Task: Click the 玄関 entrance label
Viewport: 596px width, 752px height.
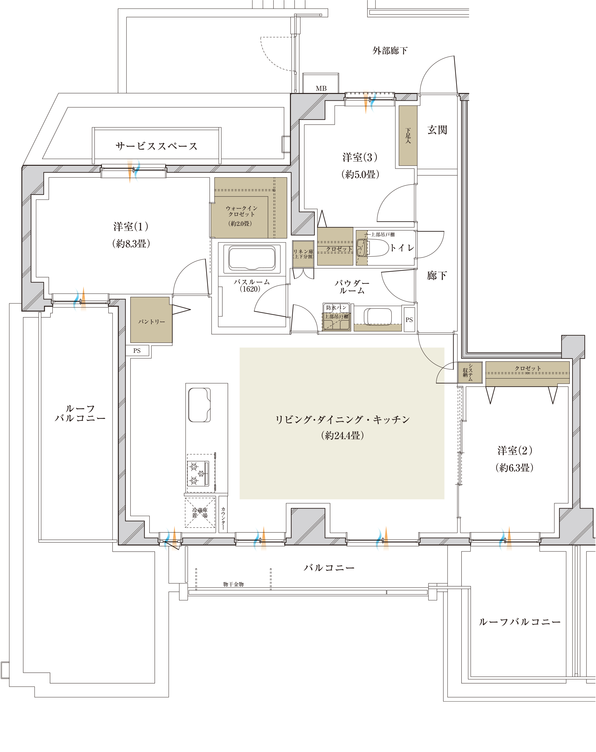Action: point(437,130)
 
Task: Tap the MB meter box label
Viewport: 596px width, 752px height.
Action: point(321,89)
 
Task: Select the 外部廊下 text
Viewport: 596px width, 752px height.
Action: point(389,51)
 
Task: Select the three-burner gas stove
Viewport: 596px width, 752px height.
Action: point(198,473)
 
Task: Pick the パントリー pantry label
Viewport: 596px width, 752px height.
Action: point(151,322)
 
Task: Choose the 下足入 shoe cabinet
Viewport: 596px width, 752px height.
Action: point(408,136)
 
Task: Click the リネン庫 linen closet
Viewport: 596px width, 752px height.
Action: point(303,254)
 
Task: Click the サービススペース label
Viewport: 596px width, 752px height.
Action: point(156,146)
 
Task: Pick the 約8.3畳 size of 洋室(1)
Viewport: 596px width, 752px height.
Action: point(131,244)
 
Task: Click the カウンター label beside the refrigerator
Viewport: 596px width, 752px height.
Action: point(223,518)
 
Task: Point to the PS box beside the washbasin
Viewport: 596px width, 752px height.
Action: point(409,320)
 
